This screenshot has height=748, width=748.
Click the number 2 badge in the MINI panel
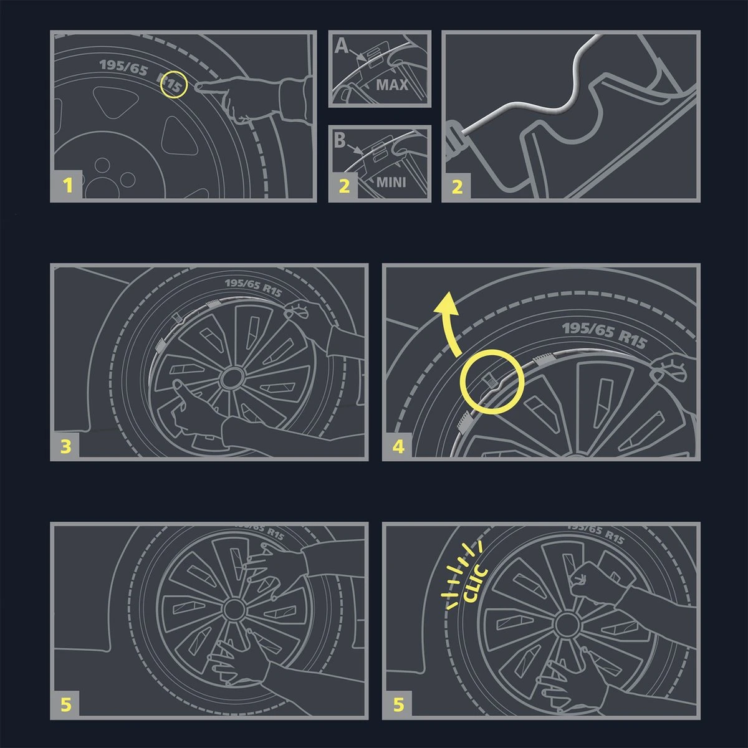pos(344,186)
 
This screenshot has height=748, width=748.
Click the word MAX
pos(392,84)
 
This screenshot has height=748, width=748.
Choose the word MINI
pos(391,183)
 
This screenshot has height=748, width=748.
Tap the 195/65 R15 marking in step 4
pos(604,335)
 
